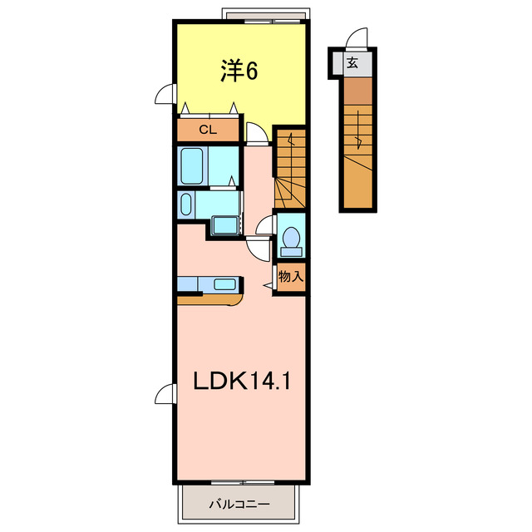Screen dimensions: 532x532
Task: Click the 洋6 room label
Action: coord(239,72)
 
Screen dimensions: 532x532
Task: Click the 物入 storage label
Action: coord(290,277)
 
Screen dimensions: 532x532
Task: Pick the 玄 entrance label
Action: coord(353,62)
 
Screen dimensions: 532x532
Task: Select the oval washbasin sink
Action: coord(185,204)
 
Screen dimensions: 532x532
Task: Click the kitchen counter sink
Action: coord(224,284)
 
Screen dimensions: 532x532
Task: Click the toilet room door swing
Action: coord(265,224)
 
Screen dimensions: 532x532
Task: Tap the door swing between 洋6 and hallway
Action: coord(257,134)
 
